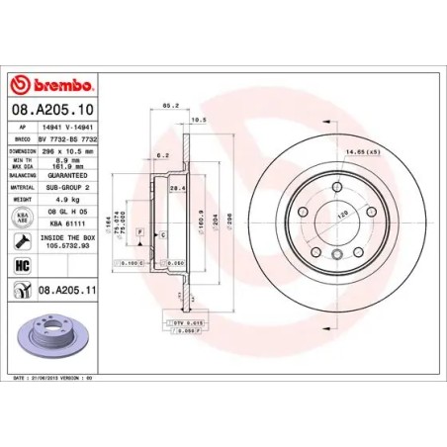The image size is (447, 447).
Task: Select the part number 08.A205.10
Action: [50, 114]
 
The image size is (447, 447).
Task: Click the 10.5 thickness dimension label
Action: [197, 120]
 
